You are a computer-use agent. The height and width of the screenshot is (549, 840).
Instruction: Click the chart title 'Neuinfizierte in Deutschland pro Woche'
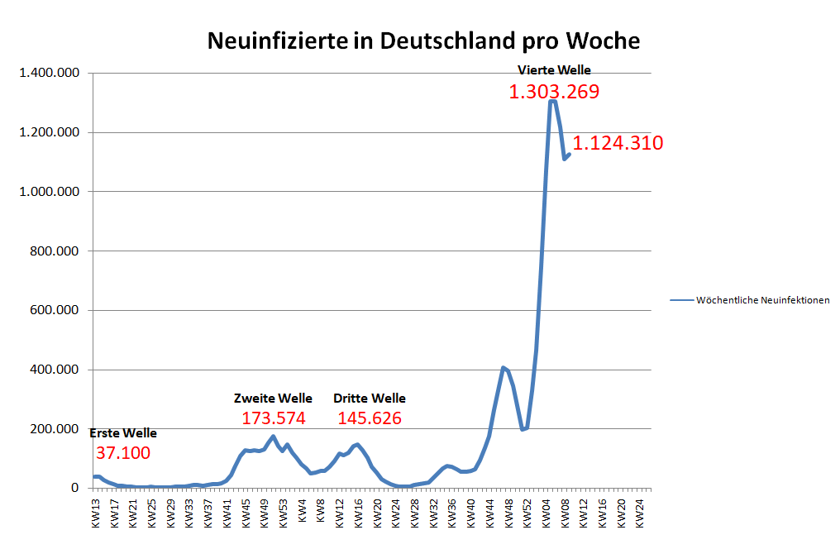(422, 41)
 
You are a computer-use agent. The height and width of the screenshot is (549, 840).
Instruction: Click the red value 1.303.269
(553, 92)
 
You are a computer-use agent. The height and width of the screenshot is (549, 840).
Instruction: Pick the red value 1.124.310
(618, 143)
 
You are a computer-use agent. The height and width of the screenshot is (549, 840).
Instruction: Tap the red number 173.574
(274, 418)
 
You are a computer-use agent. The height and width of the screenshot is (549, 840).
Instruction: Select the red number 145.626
(370, 418)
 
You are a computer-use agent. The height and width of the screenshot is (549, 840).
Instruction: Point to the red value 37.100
(123, 453)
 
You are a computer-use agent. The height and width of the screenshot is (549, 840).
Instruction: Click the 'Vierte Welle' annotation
(554, 70)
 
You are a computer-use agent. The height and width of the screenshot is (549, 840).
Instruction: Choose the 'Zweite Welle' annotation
(273, 399)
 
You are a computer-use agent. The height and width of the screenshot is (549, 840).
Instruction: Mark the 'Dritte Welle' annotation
(370, 399)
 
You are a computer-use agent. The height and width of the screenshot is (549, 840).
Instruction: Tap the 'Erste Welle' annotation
(122, 433)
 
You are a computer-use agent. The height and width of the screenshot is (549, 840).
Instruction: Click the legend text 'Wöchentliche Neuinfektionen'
(762, 300)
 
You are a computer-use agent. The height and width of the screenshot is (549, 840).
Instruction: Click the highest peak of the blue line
(552, 101)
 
